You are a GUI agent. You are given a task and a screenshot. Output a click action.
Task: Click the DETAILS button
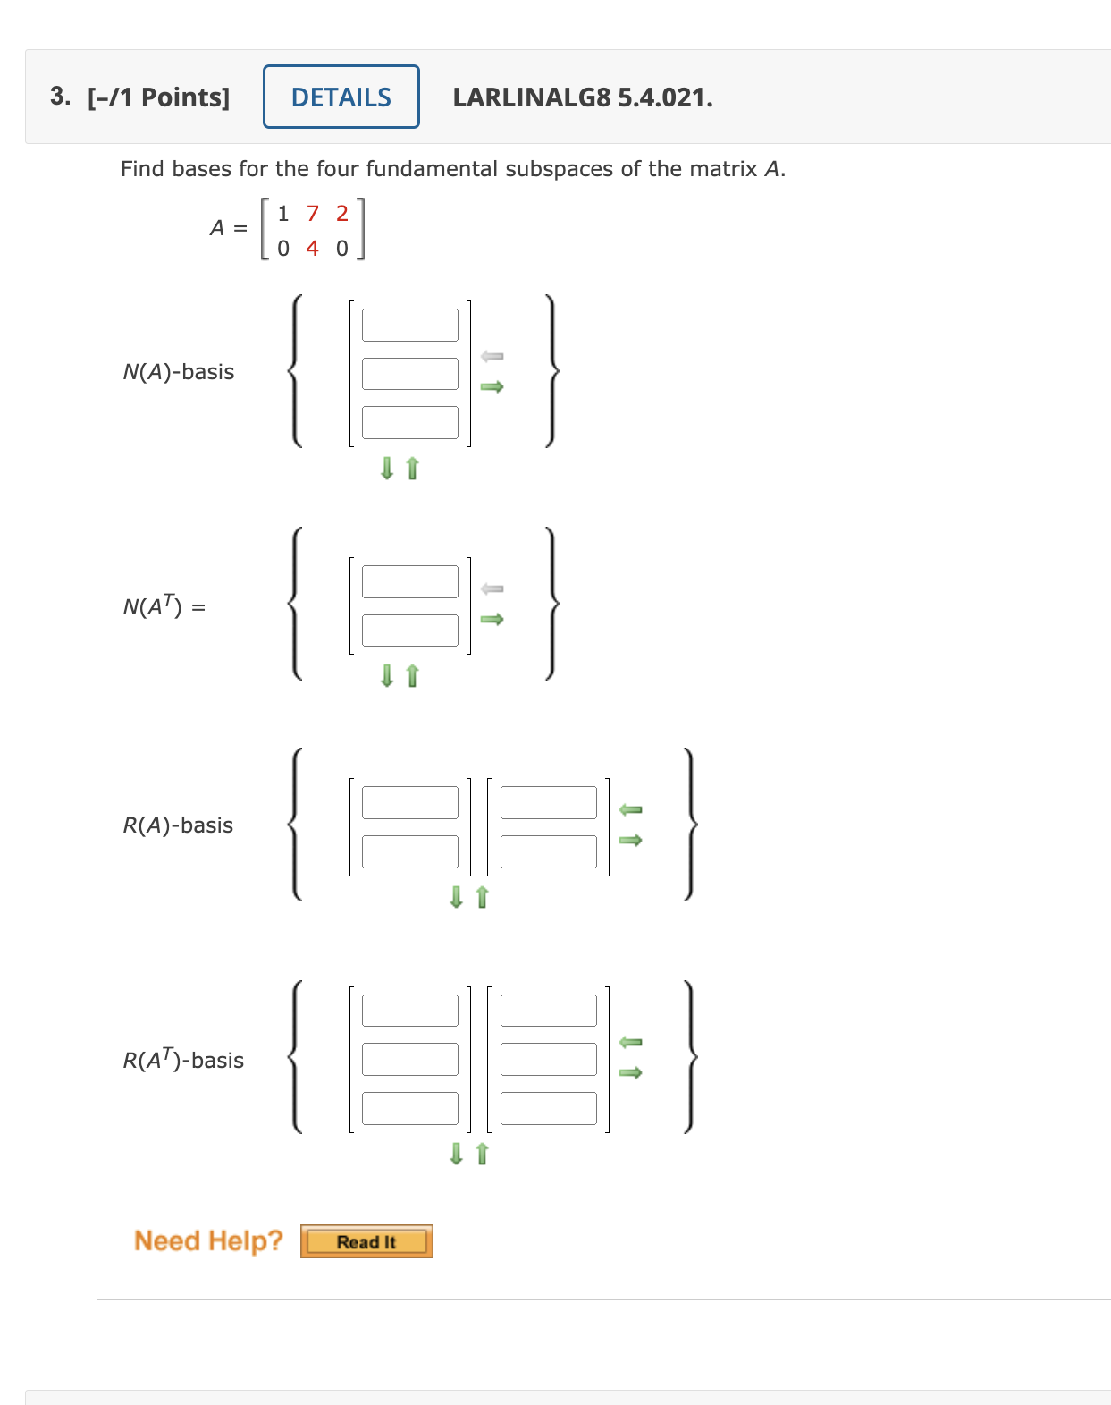pyautogui.click(x=341, y=97)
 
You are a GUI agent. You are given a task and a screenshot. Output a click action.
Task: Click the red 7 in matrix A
pyautogui.click(x=313, y=214)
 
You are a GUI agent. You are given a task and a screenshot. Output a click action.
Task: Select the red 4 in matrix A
pyautogui.click(x=312, y=248)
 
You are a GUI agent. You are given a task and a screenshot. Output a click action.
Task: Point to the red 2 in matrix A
pyautogui.click(x=341, y=214)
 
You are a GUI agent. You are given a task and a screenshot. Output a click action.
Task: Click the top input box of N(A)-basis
pyautogui.click(x=409, y=325)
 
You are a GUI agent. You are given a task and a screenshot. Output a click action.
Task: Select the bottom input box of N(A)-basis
pyautogui.click(x=409, y=422)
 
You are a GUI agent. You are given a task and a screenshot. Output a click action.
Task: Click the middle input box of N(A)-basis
pyautogui.click(x=409, y=374)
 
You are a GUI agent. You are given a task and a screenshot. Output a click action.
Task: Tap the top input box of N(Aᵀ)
pyautogui.click(x=409, y=581)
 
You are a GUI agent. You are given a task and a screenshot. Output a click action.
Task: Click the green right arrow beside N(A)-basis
pyautogui.click(x=492, y=386)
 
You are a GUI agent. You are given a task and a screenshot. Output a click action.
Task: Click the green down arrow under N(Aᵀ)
pyautogui.click(x=387, y=675)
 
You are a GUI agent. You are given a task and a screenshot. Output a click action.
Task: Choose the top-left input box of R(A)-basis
pyautogui.click(x=409, y=802)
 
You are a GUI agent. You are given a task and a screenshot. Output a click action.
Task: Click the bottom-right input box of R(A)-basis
pyautogui.click(x=548, y=851)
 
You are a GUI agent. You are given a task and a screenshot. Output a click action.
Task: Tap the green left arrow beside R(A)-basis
pyautogui.click(x=631, y=809)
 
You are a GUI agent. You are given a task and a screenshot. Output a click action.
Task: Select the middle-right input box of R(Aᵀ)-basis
pyautogui.click(x=548, y=1059)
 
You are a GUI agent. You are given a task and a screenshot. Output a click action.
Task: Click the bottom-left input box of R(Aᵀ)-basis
pyautogui.click(x=409, y=1108)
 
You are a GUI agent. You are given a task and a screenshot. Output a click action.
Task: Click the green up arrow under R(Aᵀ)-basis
pyautogui.click(x=483, y=1154)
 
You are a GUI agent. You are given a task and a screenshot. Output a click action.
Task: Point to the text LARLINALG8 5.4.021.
pyautogui.click(x=583, y=97)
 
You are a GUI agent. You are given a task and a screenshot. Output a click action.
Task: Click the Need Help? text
pyautogui.click(x=208, y=1240)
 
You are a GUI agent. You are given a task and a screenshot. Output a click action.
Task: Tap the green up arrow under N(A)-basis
pyautogui.click(x=412, y=468)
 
